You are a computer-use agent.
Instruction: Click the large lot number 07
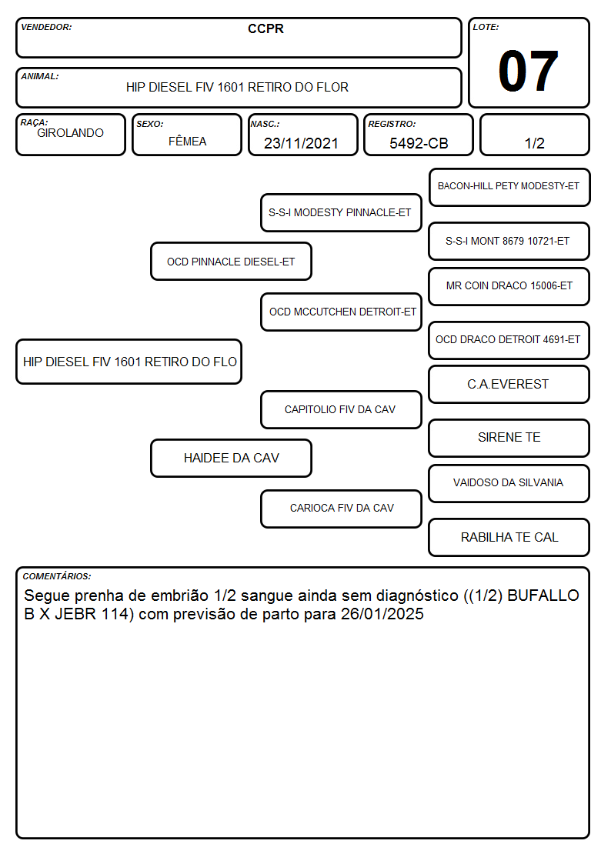click(528, 71)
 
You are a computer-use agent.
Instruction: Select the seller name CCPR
click(265, 28)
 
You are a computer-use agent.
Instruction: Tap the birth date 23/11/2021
click(301, 143)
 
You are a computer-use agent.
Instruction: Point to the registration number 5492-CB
click(419, 143)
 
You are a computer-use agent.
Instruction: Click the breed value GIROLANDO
click(70, 133)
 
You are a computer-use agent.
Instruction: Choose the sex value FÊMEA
click(187, 141)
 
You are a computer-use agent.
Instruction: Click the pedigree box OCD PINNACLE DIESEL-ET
click(231, 262)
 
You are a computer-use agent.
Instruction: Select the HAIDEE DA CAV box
click(231, 458)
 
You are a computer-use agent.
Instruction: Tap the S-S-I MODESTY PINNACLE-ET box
click(341, 212)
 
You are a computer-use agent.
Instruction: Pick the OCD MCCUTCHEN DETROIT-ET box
click(341, 312)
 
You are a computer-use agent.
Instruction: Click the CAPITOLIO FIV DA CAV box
click(341, 409)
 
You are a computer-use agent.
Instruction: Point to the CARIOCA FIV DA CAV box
click(341, 508)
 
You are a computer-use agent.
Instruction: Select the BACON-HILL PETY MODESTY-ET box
click(509, 187)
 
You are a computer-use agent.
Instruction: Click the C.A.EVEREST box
click(509, 384)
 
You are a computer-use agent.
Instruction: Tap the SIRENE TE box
click(509, 438)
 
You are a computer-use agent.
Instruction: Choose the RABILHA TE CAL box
click(509, 537)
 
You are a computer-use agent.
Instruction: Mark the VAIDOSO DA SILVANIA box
click(509, 483)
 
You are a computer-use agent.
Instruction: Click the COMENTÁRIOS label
click(57, 576)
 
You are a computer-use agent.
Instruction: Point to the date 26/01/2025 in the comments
click(382, 614)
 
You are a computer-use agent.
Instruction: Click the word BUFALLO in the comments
click(543, 595)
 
